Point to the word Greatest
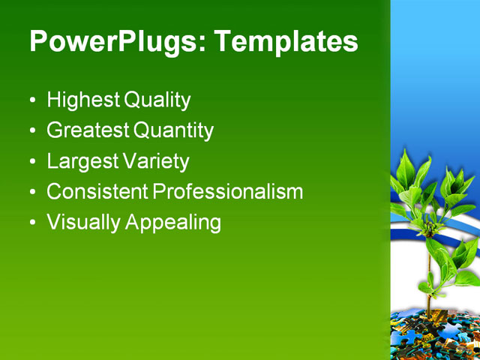(88, 130)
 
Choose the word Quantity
(174, 130)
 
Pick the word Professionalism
(228, 191)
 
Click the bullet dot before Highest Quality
(31, 100)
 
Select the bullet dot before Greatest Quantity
(31, 131)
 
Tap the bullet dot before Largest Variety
(31, 162)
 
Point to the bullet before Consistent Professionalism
(31, 193)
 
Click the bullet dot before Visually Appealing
(31, 223)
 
